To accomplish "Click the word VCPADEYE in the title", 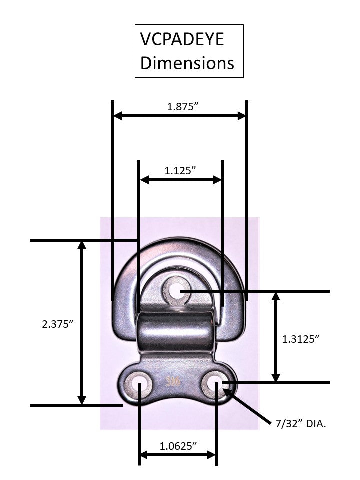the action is click(x=182, y=40).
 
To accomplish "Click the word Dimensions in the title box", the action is click(x=187, y=63).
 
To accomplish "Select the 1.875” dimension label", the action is click(x=183, y=107).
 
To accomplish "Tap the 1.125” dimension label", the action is click(x=180, y=171).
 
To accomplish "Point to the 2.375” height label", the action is click(x=58, y=324).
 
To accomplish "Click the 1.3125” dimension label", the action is click(x=301, y=339).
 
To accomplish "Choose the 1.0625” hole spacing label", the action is click(x=178, y=446).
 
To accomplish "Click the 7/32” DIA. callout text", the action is click(x=301, y=424).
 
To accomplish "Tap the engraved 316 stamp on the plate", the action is click(x=173, y=381).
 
